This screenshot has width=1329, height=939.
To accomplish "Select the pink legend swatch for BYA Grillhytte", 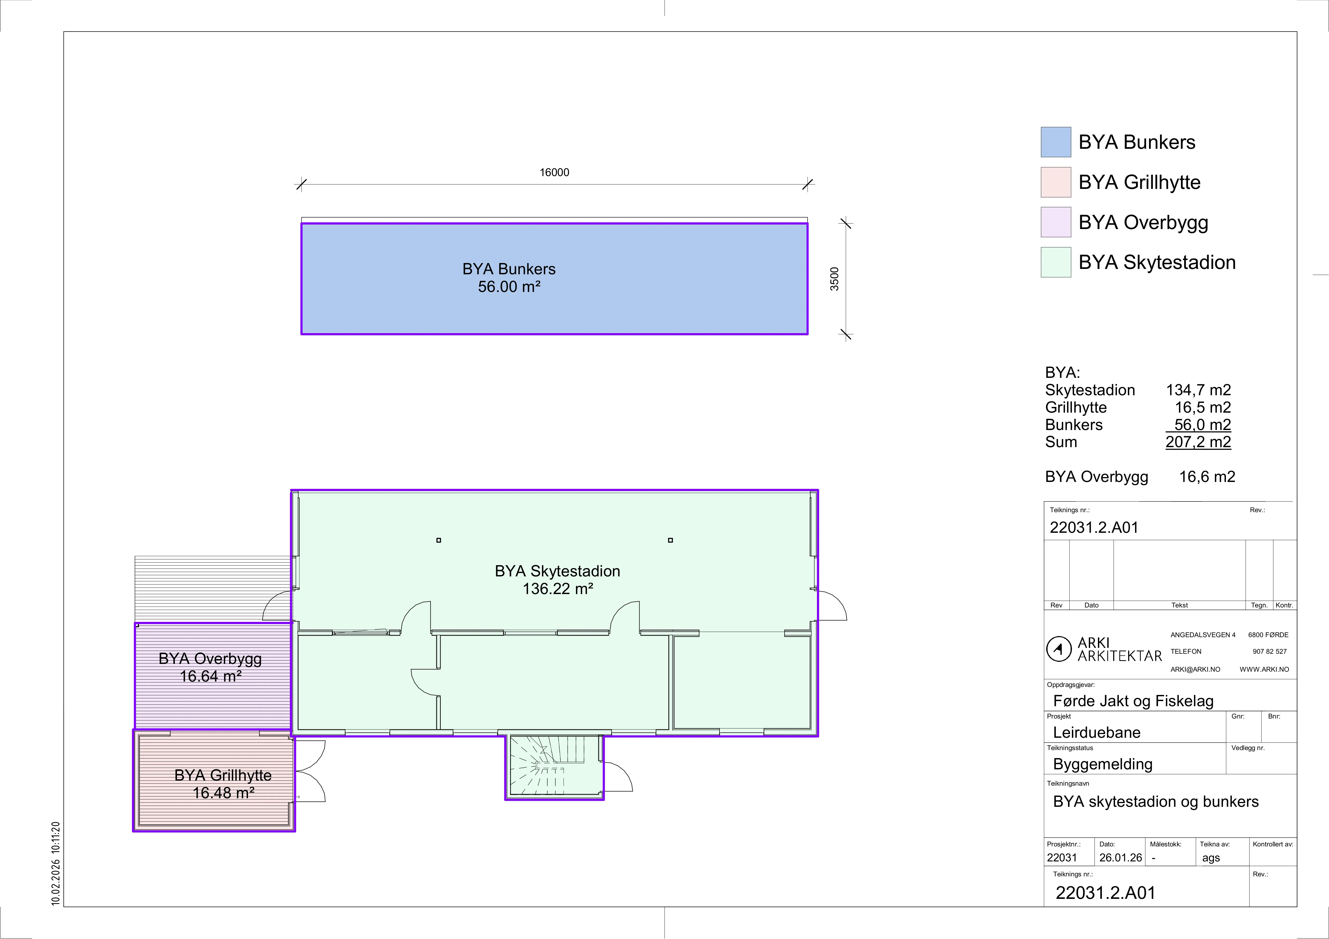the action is click(x=1056, y=182).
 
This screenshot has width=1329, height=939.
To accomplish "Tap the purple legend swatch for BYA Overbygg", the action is click(x=1056, y=222).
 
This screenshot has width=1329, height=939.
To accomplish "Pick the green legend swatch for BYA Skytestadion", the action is click(x=1056, y=262).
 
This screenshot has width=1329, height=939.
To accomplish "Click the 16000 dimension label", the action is click(x=554, y=172).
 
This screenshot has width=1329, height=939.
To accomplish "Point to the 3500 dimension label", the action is click(x=834, y=279).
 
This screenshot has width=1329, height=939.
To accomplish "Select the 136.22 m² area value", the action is click(x=558, y=589).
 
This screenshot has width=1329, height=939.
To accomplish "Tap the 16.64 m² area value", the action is click(x=210, y=676).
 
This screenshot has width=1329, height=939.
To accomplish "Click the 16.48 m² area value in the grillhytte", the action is click(x=223, y=793).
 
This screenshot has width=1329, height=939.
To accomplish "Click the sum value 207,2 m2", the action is click(x=1198, y=442).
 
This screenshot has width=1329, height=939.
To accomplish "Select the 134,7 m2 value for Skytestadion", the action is click(x=1198, y=390).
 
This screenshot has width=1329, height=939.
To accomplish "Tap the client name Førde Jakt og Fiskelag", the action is click(x=1133, y=701).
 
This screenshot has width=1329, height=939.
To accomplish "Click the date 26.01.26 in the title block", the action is click(x=1121, y=857).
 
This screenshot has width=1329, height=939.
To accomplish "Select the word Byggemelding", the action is click(x=1103, y=764).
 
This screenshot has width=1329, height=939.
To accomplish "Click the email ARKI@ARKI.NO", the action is click(x=1195, y=669).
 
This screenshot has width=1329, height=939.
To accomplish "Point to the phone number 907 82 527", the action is click(x=1269, y=651).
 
